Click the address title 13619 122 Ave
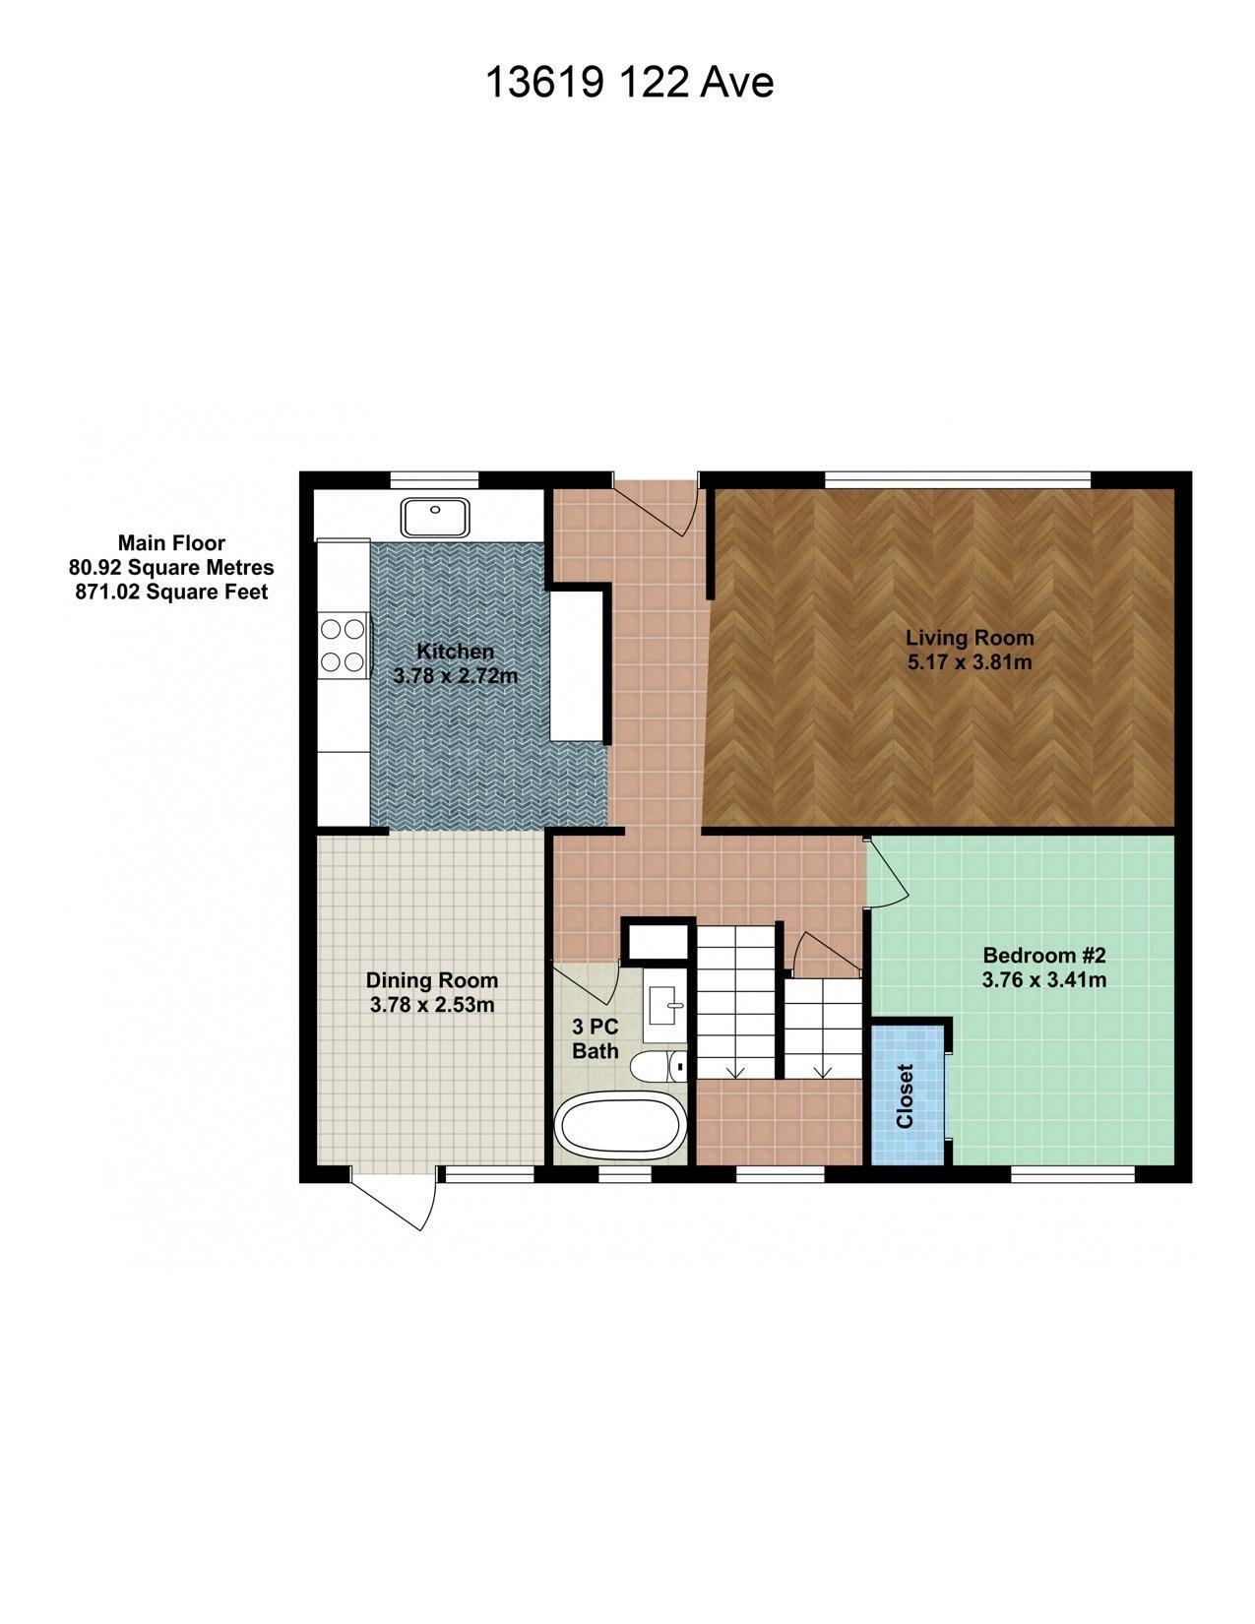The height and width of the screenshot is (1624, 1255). pyautogui.click(x=629, y=83)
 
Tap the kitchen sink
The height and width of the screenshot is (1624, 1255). pyautogui.click(x=434, y=515)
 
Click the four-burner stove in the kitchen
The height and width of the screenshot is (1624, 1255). pyautogui.click(x=343, y=645)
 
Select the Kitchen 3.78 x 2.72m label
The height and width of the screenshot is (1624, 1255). pyautogui.click(x=455, y=663)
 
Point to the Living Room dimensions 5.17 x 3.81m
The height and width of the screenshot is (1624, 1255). pyautogui.click(x=969, y=662)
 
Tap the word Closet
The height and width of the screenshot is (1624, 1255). pyautogui.click(x=906, y=1095)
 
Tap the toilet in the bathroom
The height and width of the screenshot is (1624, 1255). pyautogui.click(x=659, y=1067)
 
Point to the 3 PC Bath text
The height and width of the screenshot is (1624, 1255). pyautogui.click(x=595, y=1038)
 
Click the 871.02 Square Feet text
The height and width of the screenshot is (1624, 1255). pyautogui.click(x=171, y=593)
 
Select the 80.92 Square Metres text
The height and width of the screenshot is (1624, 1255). pyautogui.click(x=171, y=568)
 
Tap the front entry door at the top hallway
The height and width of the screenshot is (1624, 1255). pyautogui.click(x=658, y=507)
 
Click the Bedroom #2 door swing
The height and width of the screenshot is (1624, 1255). pyautogui.click(x=889, y=872)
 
